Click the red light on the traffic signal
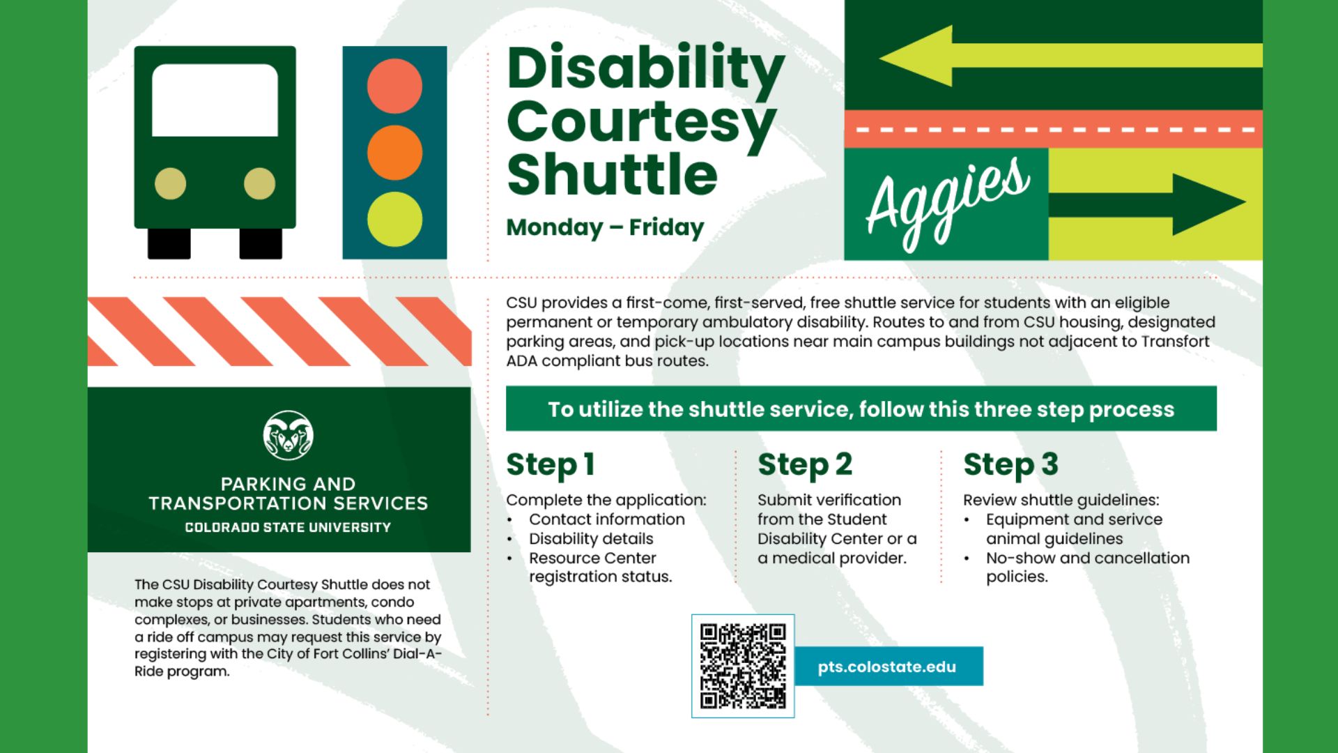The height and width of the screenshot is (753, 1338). click(394, 86)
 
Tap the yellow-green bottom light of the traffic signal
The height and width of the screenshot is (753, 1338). click(394, 220)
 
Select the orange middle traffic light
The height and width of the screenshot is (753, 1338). click(394, 153)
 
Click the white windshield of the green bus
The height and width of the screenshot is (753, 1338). click(215, 100)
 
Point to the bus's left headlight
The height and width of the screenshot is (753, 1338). click(170, 184)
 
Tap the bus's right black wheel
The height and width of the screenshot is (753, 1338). click(261, 243)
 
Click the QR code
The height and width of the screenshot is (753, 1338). click(743, 666)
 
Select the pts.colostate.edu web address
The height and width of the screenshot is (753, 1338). click(886, 667)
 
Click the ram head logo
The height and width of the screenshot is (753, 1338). click(288, 436)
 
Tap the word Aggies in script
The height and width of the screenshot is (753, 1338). click(948, 202)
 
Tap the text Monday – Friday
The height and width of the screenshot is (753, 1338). click(605, 227)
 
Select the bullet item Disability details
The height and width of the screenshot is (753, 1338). click(591, 539)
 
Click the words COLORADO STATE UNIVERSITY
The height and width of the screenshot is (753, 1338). click(288, 528)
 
